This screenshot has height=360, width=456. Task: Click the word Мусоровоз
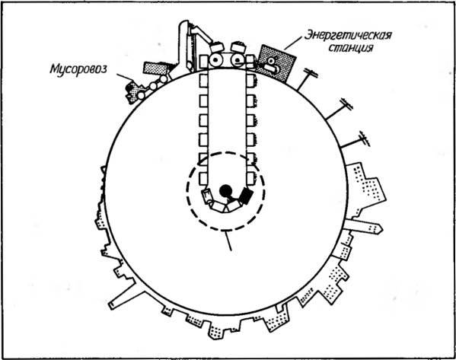(78, 69)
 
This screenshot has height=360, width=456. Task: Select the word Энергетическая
(348, 36)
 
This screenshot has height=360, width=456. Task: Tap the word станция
(351, 47)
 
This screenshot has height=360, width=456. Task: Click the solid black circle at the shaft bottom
(225, 191)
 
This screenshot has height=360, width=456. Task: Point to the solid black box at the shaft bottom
(245, 196)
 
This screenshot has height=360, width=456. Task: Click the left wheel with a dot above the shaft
(215, 60)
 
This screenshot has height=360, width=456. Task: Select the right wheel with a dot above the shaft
(238, 60)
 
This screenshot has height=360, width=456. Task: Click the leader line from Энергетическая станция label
(293, 43)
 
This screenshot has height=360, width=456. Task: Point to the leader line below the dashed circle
(228, 241)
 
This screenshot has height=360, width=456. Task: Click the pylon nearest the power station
(307, 79)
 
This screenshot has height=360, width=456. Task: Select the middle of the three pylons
(339, 109)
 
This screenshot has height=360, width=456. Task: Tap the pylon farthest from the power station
(356, 139)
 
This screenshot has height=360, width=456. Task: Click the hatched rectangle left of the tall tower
(156, 68)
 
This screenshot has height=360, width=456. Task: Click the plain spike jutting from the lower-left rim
(122, 295)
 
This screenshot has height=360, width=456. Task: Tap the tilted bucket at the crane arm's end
(217, 47)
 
